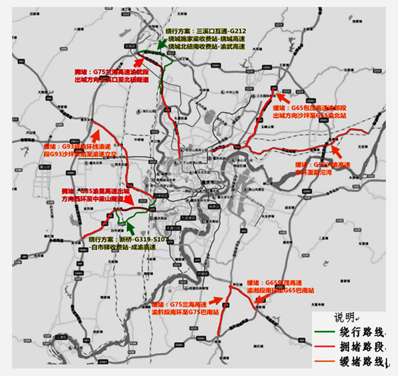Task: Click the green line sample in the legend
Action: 324,331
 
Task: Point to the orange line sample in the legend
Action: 324,361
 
